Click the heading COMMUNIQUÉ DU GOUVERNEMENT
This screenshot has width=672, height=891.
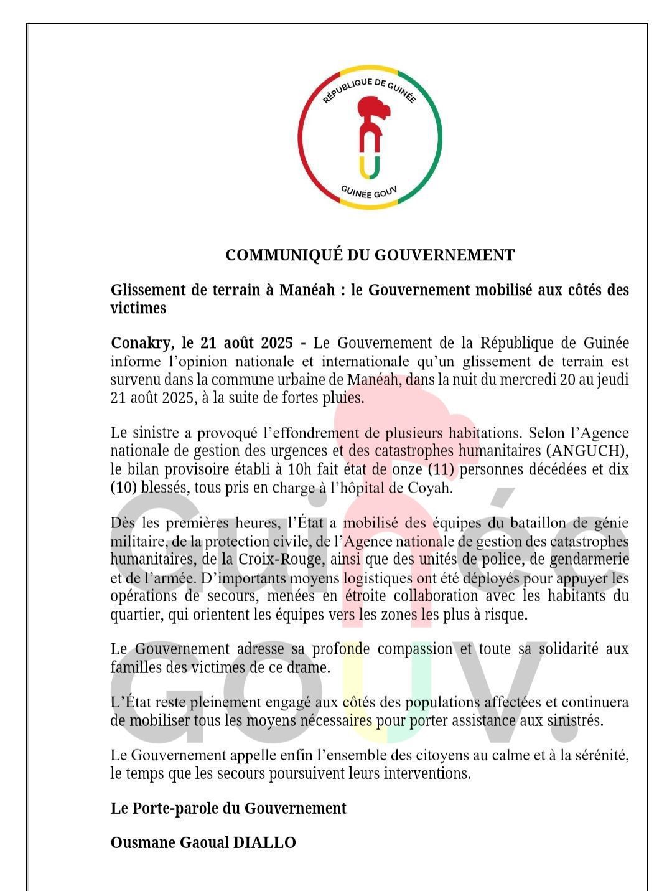point(370,255)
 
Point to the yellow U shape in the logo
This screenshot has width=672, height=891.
point(370,167)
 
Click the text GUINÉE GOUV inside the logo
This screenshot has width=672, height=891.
point(370,192)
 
